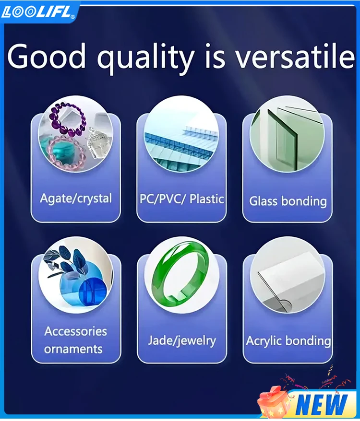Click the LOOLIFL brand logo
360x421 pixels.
[37, 12]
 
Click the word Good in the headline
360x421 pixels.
[46, 57]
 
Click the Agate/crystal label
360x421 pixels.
[76, 199]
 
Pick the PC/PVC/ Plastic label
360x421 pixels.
[182, 199]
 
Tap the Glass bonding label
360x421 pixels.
[288, 201]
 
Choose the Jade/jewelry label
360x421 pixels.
[182, 341]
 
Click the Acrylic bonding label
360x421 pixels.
[288, 341]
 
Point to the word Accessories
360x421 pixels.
[75, 331]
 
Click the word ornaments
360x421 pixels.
[73, 349]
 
